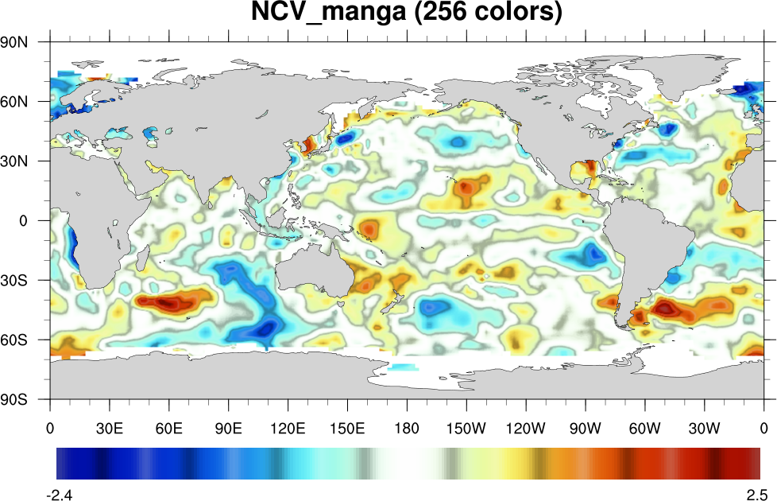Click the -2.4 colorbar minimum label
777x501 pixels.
point(60,493)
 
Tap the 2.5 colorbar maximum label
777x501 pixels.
point(756,493)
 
